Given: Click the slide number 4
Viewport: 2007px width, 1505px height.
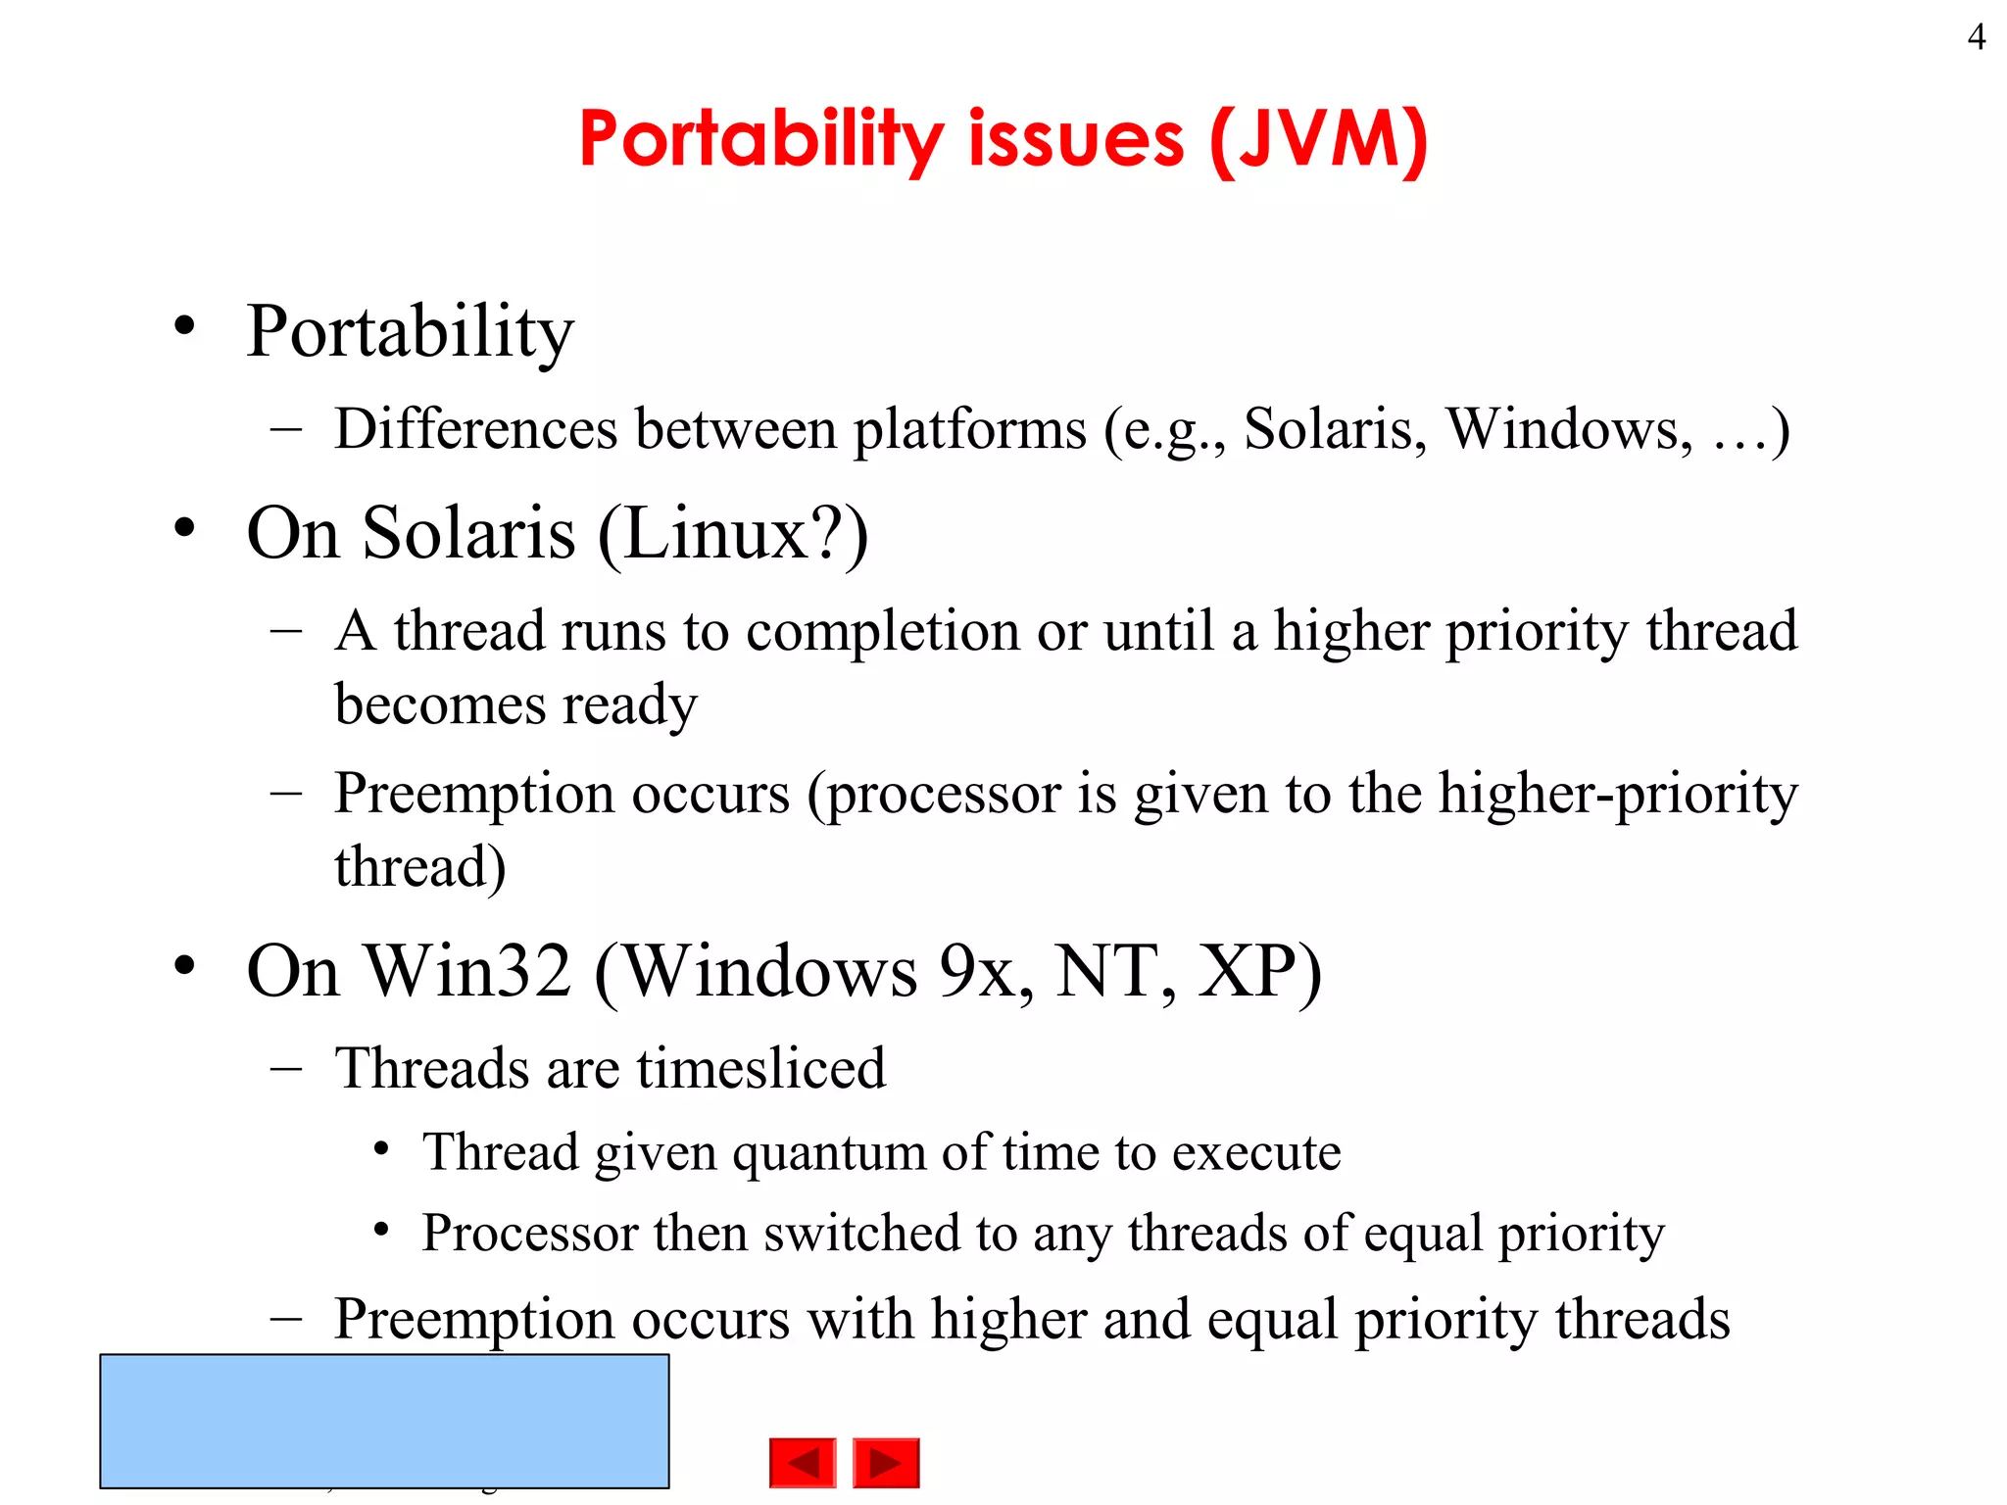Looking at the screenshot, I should pos(1976,37).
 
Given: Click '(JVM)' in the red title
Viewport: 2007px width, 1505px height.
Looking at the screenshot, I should pos(1319,140).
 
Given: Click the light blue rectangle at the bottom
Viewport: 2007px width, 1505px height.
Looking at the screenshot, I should pos(384,1421).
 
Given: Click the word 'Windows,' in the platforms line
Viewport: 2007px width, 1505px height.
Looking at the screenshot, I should pos(1569,429).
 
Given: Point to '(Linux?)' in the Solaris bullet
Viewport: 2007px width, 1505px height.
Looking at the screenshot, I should pos(733,534).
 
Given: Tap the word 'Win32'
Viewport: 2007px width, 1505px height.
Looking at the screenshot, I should pos(467,972).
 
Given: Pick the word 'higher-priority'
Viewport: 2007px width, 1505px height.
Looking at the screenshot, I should pos(1618,794).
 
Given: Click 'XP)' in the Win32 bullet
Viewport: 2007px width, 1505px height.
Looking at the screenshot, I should pos(1259,972).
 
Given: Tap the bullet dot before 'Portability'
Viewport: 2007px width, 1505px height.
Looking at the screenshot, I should pos(184,326).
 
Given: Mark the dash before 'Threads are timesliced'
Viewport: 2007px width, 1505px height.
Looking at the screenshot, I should pos(286,1068).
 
